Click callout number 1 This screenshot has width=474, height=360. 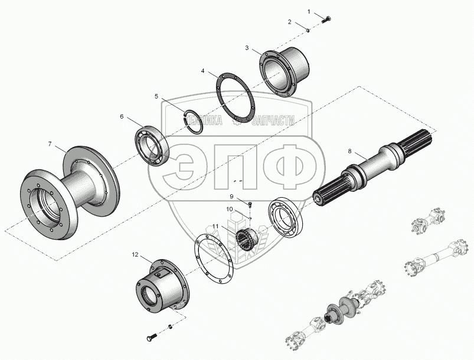[308, 11]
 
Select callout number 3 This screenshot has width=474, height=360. [247, 48]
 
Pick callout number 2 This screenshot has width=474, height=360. [290, 22]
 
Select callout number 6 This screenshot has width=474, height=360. [122, 117]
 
